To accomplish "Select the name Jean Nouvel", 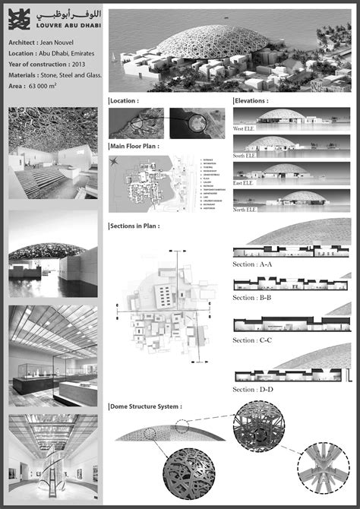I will [62, 43].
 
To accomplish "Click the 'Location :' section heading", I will [126, 100].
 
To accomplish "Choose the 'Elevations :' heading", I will [251, 100].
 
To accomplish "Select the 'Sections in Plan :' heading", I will [135, 226].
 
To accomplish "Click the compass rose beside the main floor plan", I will [115, 161].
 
